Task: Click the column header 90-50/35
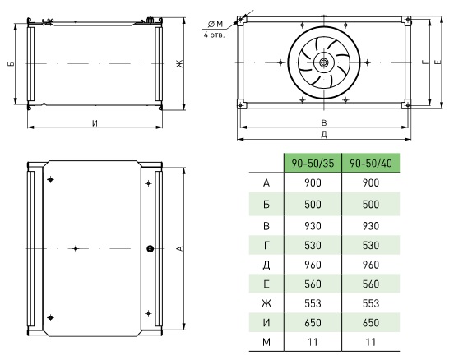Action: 313,164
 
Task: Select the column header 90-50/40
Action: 371,164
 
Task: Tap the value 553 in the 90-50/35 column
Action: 313,303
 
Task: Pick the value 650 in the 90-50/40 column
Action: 371,323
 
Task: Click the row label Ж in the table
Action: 266,303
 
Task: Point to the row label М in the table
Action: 266,342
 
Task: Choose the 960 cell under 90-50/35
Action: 313,265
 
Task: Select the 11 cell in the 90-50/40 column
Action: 371,342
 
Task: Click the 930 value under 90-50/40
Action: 371,226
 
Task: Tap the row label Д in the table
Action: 266,265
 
